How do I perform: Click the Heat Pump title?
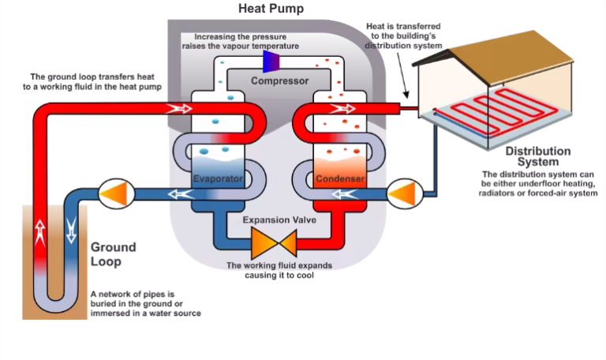point(271,9)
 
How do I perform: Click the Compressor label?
point(280,80)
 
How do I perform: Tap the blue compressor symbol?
point(272,60)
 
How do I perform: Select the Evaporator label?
point(217,179)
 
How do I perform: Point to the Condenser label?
point(340,179)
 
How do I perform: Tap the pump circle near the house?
point(406,192)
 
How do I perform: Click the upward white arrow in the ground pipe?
point(39,231)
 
